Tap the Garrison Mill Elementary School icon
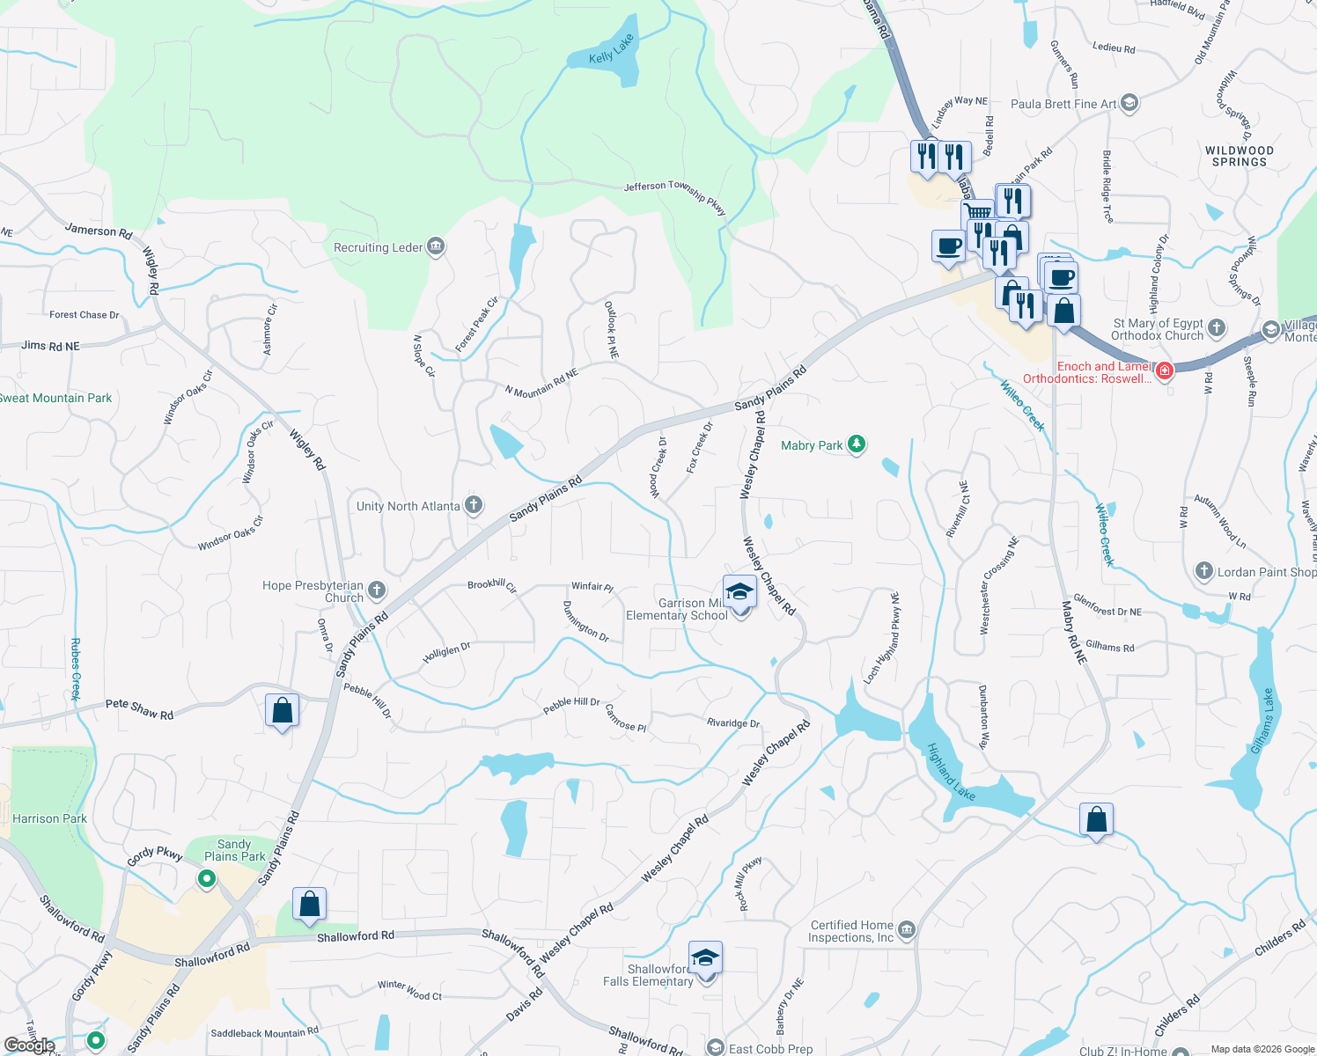coord(739,591)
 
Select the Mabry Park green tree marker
coord(857,444)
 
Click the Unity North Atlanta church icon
coord(474,505)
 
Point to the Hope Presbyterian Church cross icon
coord(377,590)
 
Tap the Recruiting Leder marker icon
coord(435,247)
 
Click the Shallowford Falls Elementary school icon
coord(705,957)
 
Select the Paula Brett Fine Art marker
coord(1129,103)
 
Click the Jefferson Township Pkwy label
coord(674,195)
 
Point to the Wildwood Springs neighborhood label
coord(1239,157)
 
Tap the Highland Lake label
coord(951,772)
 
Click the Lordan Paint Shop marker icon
coord(1203,571)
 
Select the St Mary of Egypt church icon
coord(1217,328)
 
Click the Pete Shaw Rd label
coord(139,708)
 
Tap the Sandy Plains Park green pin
coord(207,878)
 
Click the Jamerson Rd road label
coord(99,231)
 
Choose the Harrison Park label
coord(50,818)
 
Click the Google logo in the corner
coord(29,1045)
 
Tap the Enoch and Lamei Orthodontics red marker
coord(1165,371)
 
